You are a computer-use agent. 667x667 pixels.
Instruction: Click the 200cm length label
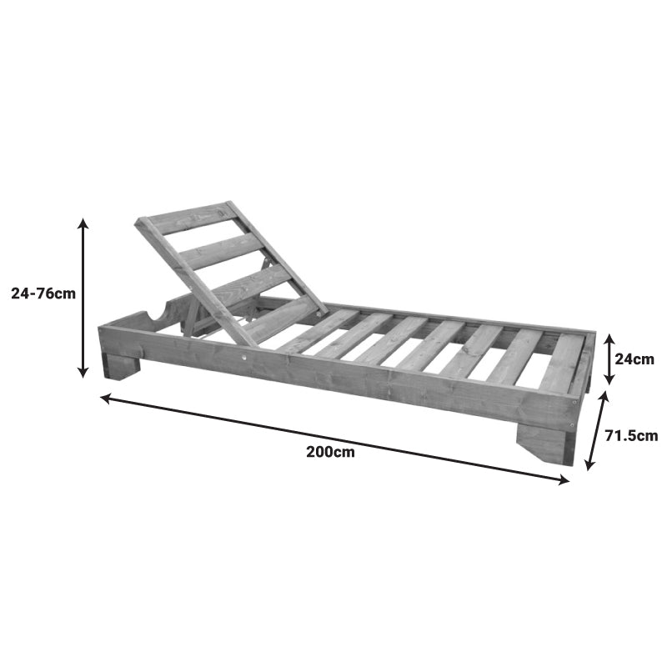tap(330, 453)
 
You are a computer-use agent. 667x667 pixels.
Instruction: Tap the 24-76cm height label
tap(43, 293)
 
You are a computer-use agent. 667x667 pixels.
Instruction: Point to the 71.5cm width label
tap(631, 435)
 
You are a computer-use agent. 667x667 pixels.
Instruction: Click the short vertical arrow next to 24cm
tap(609, 359)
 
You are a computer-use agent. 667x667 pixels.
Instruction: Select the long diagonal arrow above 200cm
tap(333, 439)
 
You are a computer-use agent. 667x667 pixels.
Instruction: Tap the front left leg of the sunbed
tap(122, 365)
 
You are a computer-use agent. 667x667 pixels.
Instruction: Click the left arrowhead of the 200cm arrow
tap(104, 398)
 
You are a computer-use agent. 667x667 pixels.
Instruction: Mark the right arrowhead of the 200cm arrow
tap(565, 479)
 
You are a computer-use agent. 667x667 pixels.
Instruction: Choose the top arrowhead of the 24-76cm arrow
tap(83, 222)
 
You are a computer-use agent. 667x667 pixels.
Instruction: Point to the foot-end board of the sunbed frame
tap(583, 367)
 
